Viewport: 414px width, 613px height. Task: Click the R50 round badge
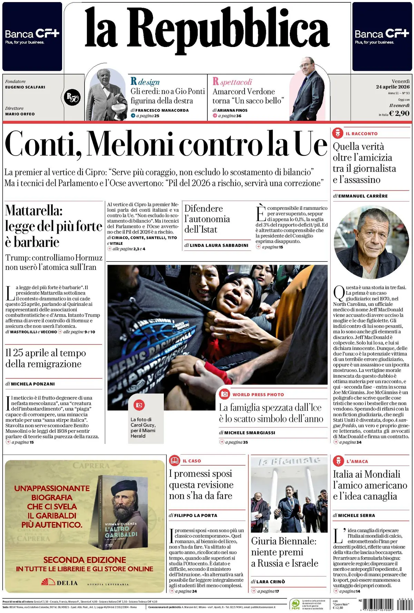tap(72, 98)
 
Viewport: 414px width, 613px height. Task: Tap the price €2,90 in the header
tap(399, 114)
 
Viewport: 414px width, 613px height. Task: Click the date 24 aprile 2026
tap(393, 87)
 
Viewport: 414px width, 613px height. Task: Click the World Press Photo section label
tap(258, 395)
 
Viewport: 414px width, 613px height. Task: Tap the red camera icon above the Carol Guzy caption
tap(139, 405)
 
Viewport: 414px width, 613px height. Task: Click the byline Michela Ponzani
tap(33, 384)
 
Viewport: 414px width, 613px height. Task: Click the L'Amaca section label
tap(357, 461)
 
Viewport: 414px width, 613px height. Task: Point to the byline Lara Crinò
tap(270, 582)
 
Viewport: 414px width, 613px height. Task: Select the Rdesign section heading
tap(145, 82)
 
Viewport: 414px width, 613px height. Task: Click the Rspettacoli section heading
tap(233, 82)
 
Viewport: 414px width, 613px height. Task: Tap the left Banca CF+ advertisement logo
tap(32, 36)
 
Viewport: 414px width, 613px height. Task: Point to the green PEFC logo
tap(296, 604)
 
